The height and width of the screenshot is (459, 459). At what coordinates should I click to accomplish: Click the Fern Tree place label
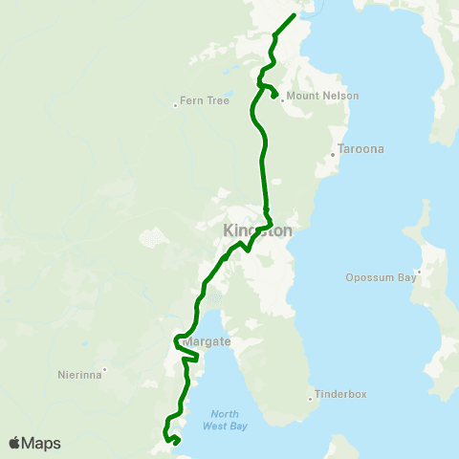pyautogui.click(x=205, y=99)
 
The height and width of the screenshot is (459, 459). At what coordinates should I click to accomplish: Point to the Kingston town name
pyautogui.click(x=257, y=230)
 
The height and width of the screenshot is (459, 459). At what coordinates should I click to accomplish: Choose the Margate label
pyautogui.click(x=205, y=341)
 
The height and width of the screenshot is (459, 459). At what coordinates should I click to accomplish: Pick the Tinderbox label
pyautogui.click(x=342, y=394)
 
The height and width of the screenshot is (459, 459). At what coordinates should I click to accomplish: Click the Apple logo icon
pyautogui.click(x=15, y=443)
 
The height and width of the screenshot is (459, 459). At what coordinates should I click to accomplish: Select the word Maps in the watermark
pyautogui.click(x=42, y=443)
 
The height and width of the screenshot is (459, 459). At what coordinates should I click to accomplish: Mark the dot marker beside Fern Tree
pyautogui.click(x=175, y=105)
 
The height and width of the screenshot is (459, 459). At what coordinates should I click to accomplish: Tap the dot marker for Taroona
pyautogui.click(x=332, y=154)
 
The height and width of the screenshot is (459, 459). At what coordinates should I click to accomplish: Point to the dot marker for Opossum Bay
pyautogui.click(x=419, y=272)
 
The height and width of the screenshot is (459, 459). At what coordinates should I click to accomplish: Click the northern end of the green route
pyautogui.click(x=293, y=15)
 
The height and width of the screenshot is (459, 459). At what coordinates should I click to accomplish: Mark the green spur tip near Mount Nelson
pyautogui.click(x=274, y=95)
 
